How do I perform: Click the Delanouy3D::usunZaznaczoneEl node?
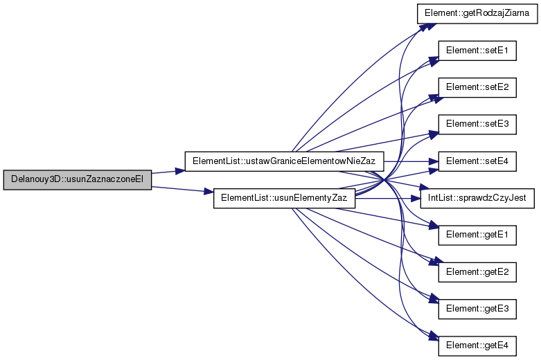pos(78,180)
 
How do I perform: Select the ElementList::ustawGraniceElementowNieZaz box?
pos(284,161)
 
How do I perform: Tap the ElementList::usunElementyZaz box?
pos(284,198)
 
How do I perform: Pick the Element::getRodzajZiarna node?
pos(477,13)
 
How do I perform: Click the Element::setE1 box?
pos(477,51)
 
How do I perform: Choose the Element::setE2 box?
pos(477,88)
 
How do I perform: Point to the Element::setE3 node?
pos(477,125)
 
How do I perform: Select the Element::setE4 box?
pos(477,161)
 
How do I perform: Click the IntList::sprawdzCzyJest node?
pos(477,198)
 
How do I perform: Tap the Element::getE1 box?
pos(477,235)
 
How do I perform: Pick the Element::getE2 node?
pos(477,272)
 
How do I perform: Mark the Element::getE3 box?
pos(477,309)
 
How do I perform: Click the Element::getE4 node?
pos(477,346)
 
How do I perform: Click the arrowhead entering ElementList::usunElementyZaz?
pos(209,192)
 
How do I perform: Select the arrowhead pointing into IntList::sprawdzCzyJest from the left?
pos(416,199)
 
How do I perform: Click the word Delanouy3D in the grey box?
pos(28,180)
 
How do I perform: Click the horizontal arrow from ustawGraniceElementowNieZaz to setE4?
pos(411,161)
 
